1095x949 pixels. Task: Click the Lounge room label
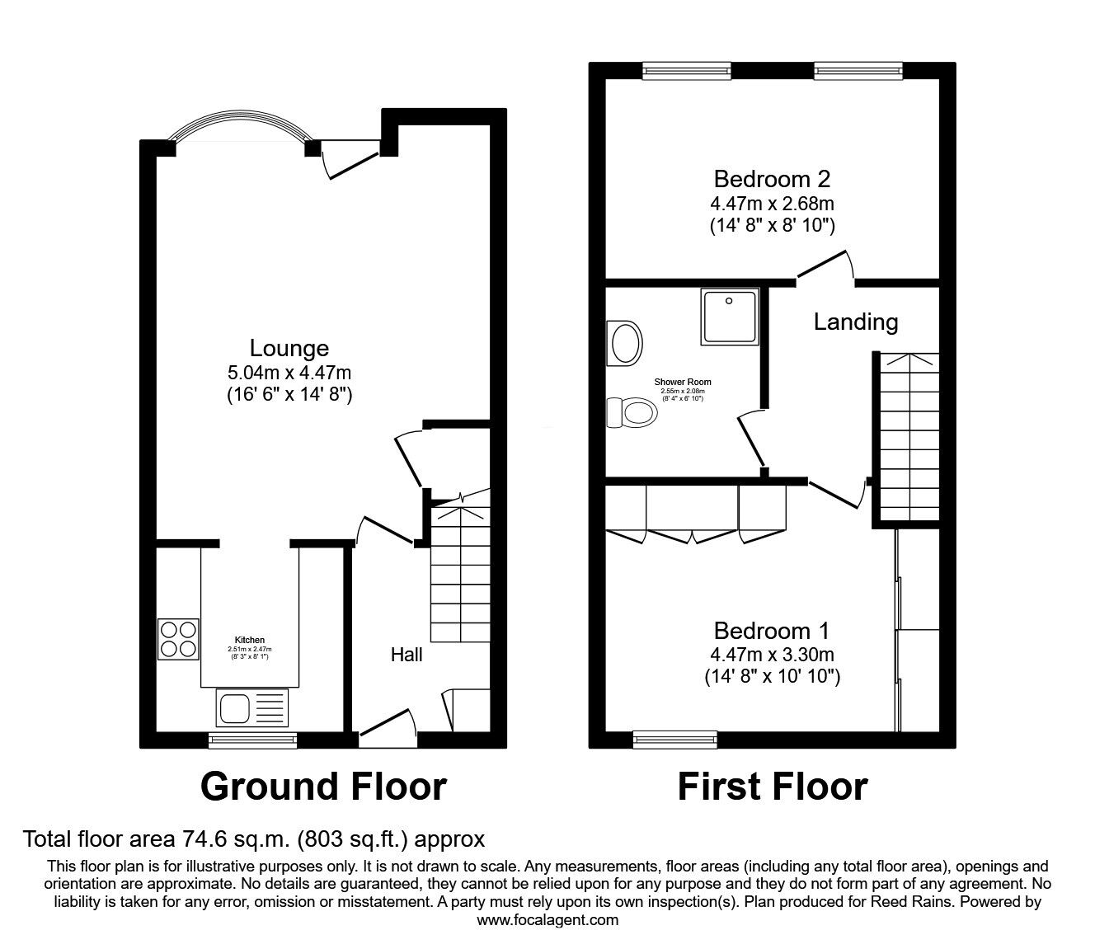pyautogui.click(x=289, y=349)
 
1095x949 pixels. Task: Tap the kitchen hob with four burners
pyautogui.click(x=179, y=638)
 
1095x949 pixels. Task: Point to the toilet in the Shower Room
pyautogui.click(x=631, y=412)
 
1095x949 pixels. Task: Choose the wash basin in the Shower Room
pyautogui.click(x=624, y=342)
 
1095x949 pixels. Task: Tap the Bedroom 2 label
pyautogui.click(x=772, y=179)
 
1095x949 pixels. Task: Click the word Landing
pyautogui.click(x=855, y=322)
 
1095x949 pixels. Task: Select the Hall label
pyautogui.click(x=407, y=655)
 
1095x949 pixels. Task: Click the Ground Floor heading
pyautogui.click(x=323, y=787)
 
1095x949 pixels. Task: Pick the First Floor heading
pyautogui.click(x=772, y=787)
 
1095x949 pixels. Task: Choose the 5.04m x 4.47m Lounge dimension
pyautogui.click(x=289, y=373)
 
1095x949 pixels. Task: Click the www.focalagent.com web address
pyautogui.click(x=547, y=920)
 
